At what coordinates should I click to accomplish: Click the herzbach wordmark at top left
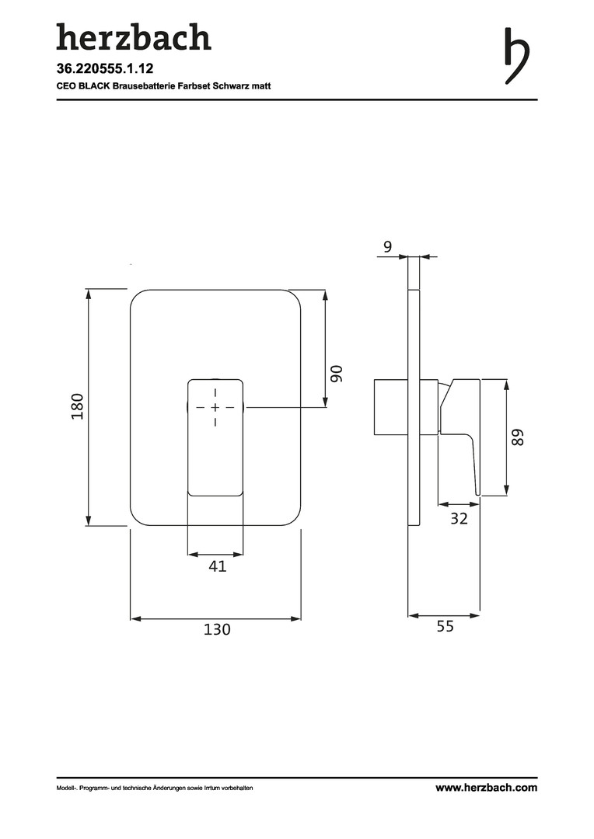pyautogui.click(x=134, y=37)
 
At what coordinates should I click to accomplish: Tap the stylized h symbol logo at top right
pyautogui.click(x=517, y=56)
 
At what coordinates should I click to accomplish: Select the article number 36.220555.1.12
pyautogui.click(x=105, y=68)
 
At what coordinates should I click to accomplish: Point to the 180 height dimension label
pyautogui.click(x=78, y=406)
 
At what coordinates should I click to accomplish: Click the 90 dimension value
pyautogui.click(x=336, y=374)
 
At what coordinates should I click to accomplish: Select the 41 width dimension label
pyautogui.click(x=217, y=566)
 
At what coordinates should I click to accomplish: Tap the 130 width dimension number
pyautogui.click(x=217, y=628)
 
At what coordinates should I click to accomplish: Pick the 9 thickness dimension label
pyautogui.click(x=388, y=247)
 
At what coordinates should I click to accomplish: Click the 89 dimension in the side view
pyautogui.click(x=517, y=437)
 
